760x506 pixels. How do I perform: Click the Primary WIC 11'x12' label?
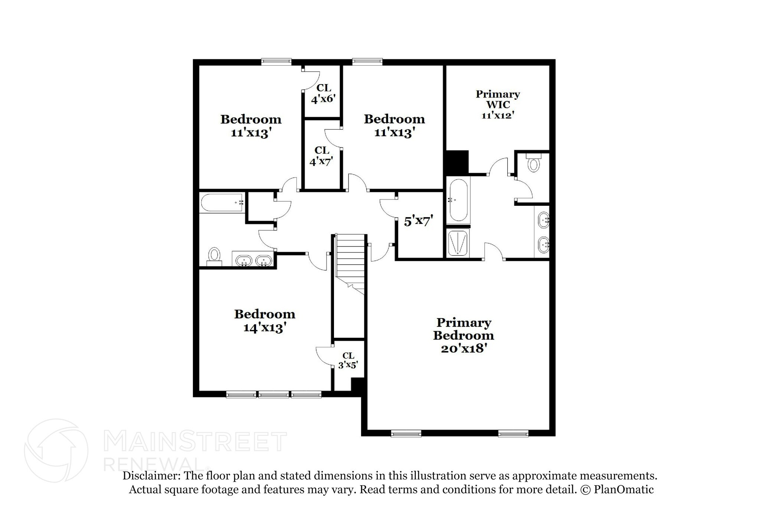(498, 105)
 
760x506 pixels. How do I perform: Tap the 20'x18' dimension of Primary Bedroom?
(463, 349)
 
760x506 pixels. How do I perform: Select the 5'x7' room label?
(419, 222)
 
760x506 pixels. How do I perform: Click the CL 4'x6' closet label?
(323, 93)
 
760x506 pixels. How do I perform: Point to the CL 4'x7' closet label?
(321, 156)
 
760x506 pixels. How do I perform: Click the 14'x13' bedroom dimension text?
(264, 328)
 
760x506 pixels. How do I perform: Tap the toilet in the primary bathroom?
(534, 163)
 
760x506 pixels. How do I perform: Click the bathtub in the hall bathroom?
(222, 203)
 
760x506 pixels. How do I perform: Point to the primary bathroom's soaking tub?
(458, 200)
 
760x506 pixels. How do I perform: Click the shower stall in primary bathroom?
(459, 243)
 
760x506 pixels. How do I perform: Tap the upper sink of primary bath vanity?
(543, 220)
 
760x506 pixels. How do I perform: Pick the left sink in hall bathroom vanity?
(244, 261)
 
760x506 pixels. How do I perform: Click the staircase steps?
(350, 259)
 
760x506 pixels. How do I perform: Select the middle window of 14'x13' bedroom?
(273, 394)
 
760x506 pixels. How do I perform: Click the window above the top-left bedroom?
(276, 62)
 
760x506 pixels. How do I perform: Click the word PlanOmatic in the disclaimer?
(623, 489)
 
